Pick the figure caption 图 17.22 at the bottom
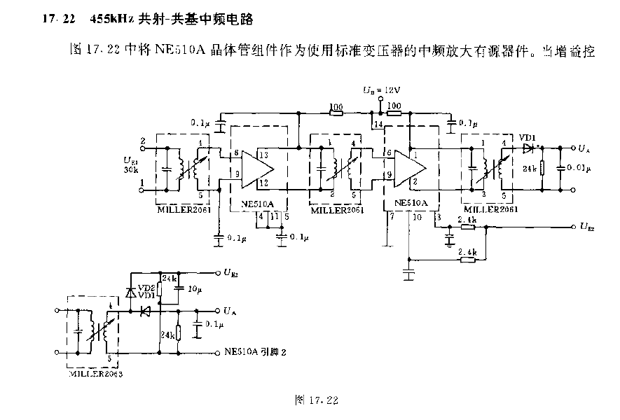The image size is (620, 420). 317,400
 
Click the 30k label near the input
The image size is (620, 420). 130,170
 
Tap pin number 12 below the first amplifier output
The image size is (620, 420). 263,182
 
